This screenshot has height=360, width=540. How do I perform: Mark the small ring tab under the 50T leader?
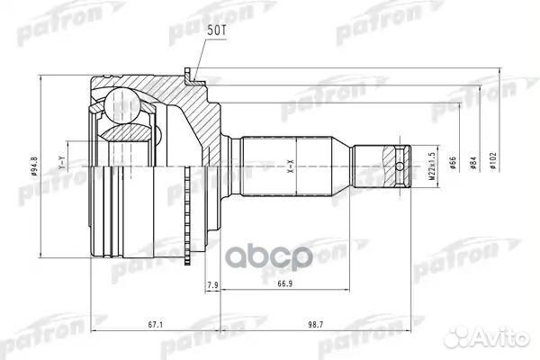pos(188,75)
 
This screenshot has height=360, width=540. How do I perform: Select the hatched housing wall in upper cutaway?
pos(193,112)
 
